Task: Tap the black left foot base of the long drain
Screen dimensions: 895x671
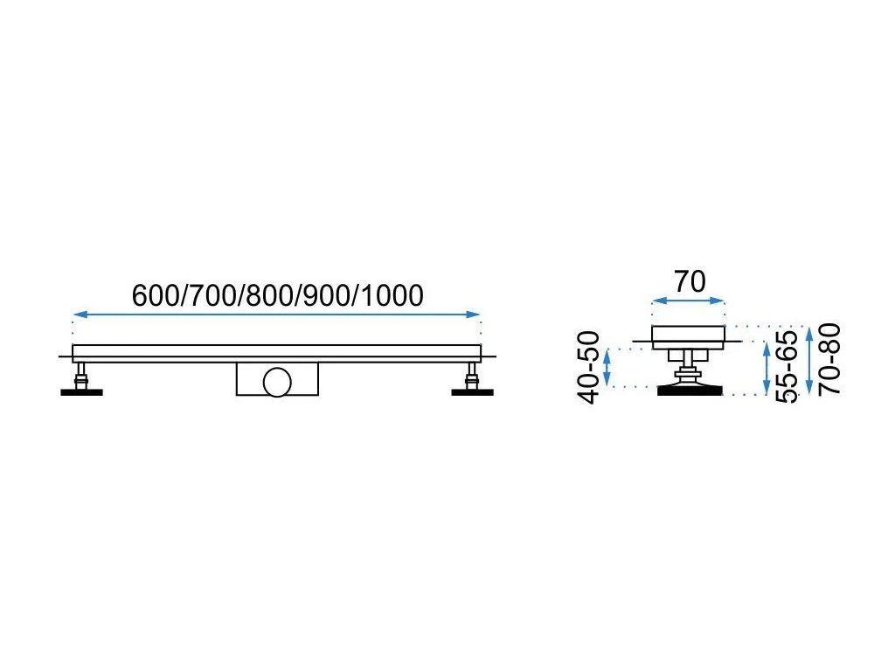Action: [81, 391]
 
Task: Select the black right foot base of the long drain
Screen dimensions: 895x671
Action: [473, 391]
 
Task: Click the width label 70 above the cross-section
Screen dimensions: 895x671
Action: [690, 281]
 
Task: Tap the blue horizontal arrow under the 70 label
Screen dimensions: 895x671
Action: [689, 301]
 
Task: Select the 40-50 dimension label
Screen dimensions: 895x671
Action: [590, 367]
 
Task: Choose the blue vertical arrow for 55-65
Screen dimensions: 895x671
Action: [767, 367]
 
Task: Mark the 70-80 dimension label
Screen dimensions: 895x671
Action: [831, 358]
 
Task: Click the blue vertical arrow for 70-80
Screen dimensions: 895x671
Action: [810, 359]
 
